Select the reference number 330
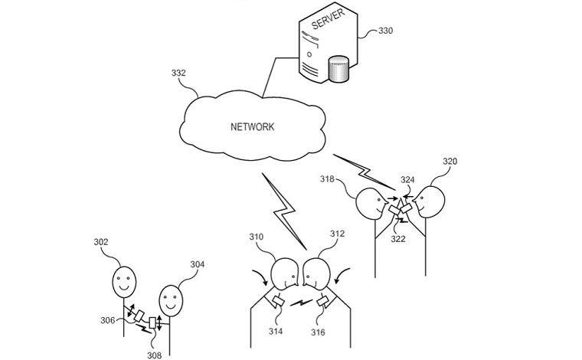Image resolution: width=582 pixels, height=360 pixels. [x=387, y=31]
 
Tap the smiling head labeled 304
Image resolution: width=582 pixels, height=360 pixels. [x=171, y=299]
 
